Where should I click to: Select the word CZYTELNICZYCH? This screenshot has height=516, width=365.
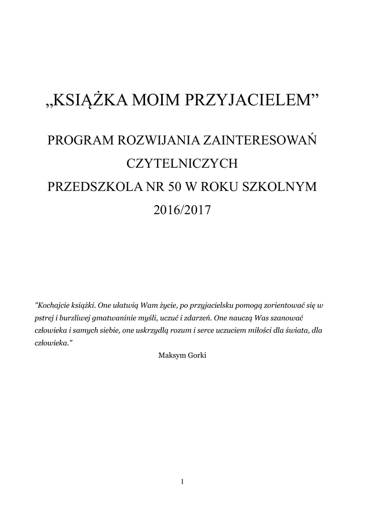point(182,163)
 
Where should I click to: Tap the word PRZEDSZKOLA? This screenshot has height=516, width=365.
point(90,186)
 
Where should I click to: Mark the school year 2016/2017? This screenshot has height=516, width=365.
point(182,209)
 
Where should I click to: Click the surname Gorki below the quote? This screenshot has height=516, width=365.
point(196,355)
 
